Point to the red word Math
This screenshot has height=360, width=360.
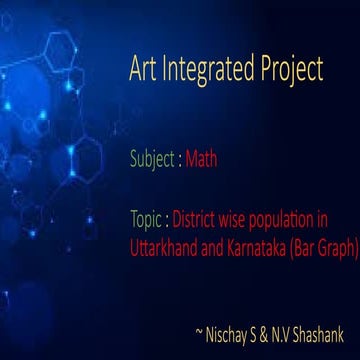(201, 158)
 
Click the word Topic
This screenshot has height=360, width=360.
(147, 218)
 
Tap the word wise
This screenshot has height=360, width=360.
(232, 217)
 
